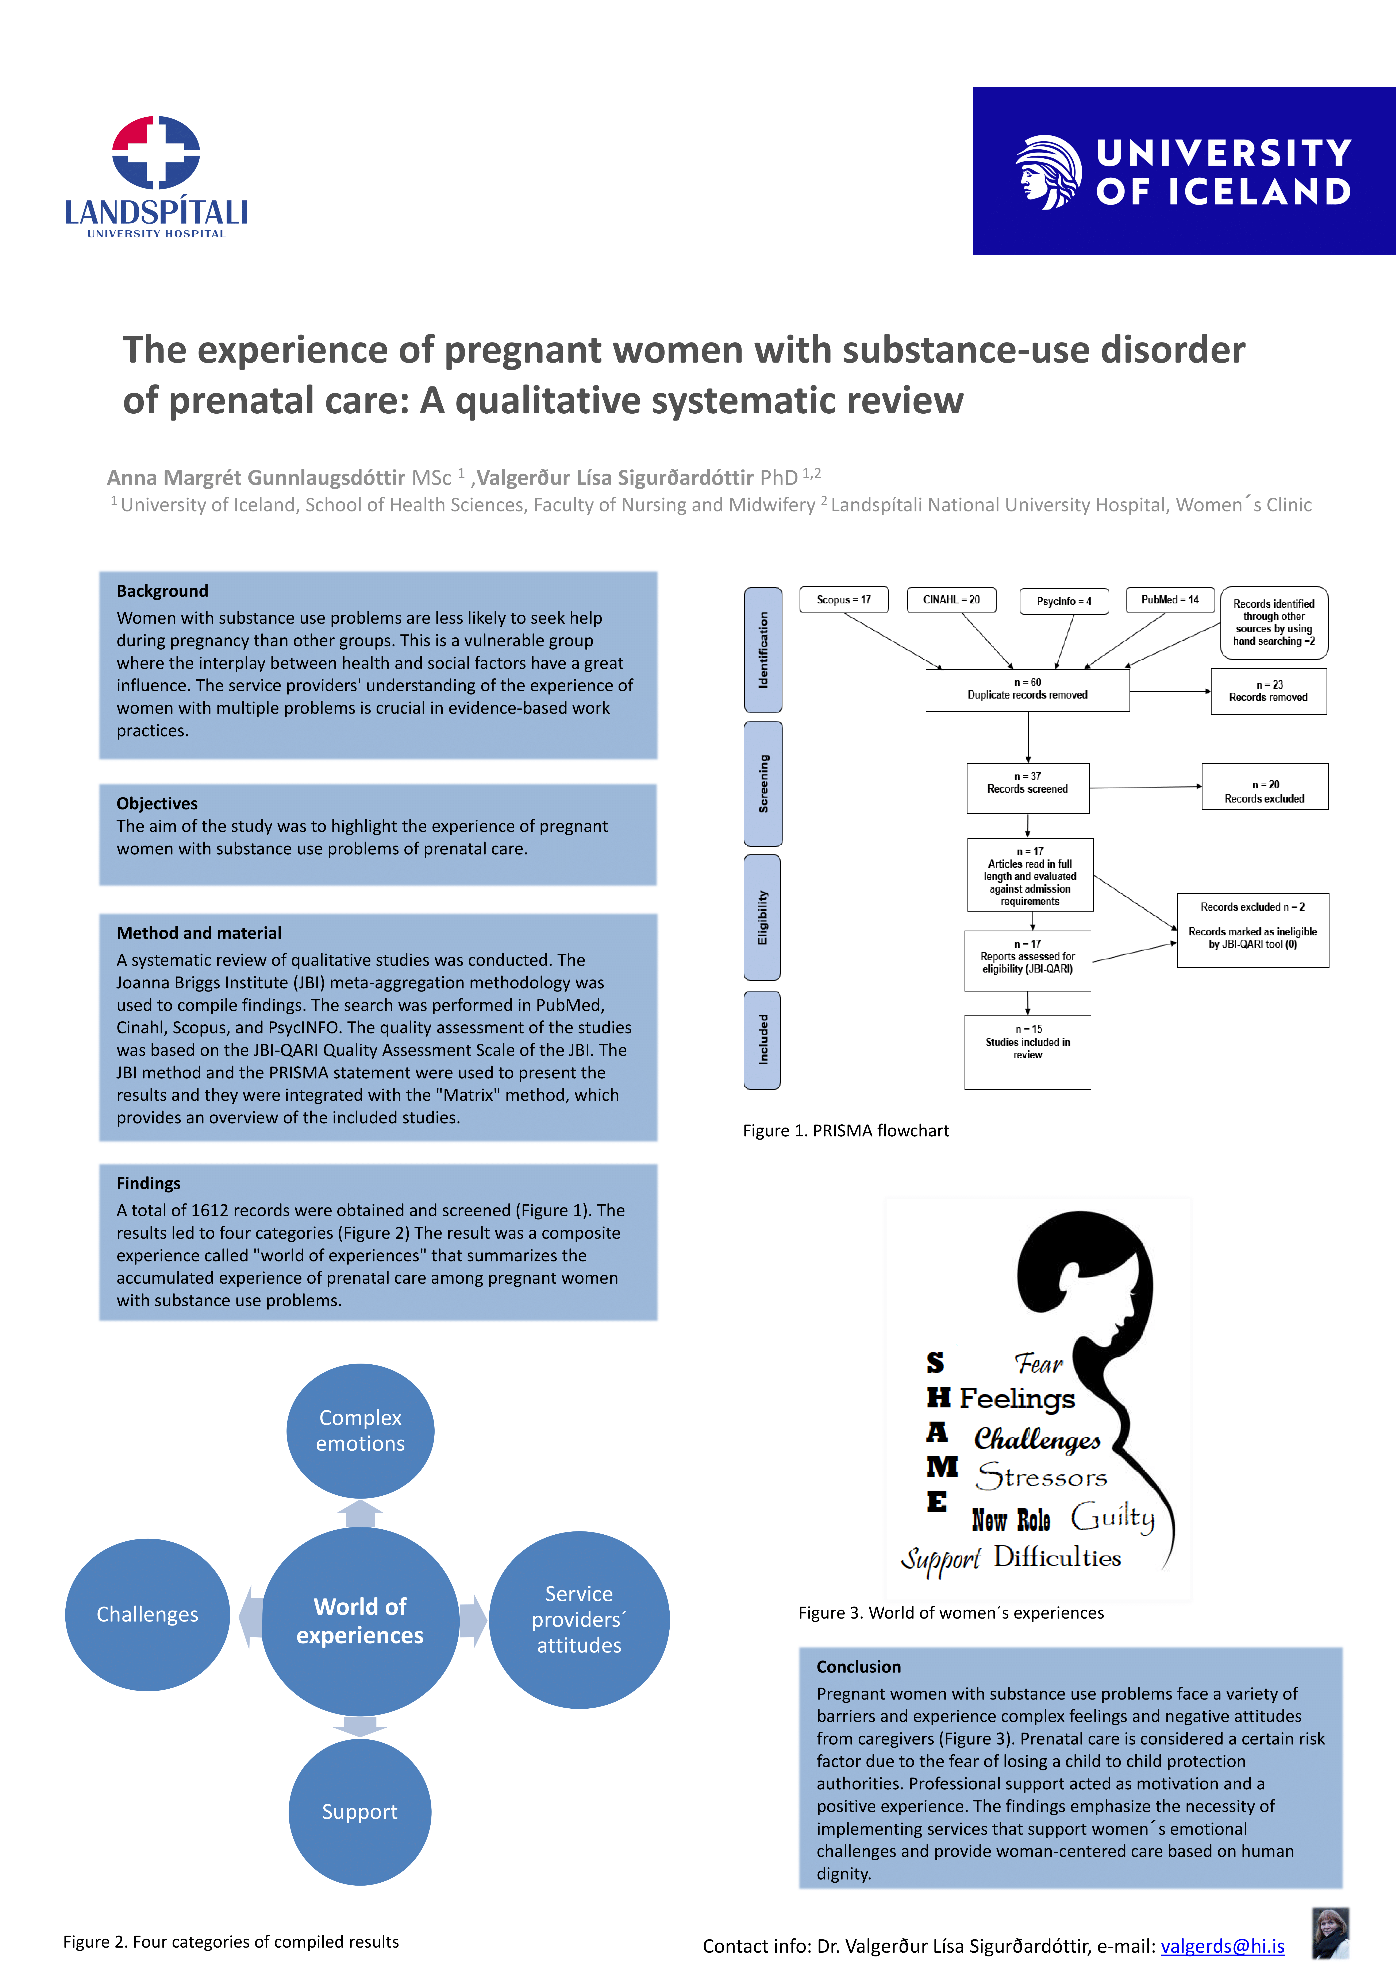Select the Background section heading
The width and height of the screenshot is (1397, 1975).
click(x=163, y=591)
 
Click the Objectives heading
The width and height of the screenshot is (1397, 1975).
click(x=157, y=803)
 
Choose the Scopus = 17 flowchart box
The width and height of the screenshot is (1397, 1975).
click(x=844, y=600)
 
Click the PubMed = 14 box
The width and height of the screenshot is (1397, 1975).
click(x=1170, y=600)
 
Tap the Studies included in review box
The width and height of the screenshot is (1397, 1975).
click(x=1028, y=1051)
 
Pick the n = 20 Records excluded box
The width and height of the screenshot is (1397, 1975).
click(x=1265, y=786)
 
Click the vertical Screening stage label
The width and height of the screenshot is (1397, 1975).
click(x=763, y=784)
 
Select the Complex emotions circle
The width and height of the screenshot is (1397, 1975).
click(x=361, y=1430)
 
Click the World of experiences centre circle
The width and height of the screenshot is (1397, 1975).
click(x=361, y=1621)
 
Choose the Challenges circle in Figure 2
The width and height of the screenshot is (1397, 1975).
click(x=147, y=1615)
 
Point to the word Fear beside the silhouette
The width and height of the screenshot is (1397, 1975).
click(x=1039, y=1363)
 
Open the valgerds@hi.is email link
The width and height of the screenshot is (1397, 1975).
click(x=1222, y=1946)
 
